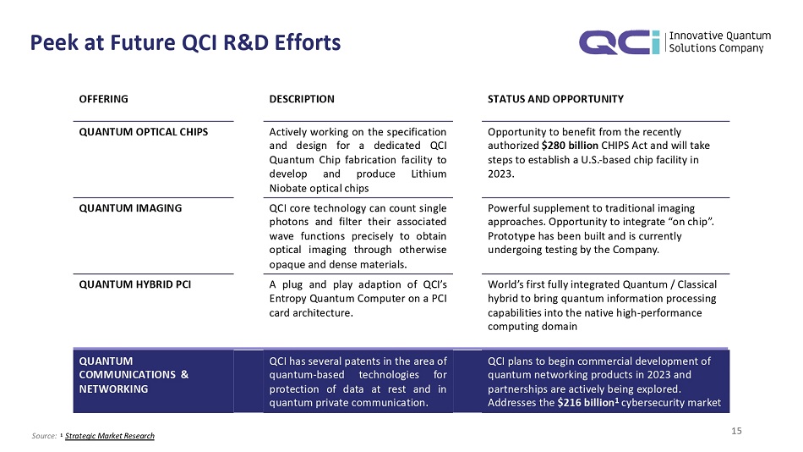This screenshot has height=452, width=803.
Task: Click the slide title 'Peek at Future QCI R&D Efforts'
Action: (185, 42)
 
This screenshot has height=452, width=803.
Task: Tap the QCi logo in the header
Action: (619, 42)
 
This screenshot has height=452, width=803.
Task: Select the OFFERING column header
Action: (103, 99)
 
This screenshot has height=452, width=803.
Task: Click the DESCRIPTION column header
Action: (302, 99)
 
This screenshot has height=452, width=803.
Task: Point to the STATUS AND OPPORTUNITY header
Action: (556, 99)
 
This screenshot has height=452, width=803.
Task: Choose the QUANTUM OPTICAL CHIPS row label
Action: (144, 132)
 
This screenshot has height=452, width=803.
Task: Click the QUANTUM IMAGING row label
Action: (130, 207)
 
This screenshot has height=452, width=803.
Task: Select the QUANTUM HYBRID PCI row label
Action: (134, 284)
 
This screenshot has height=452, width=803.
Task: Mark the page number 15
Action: (736, 432)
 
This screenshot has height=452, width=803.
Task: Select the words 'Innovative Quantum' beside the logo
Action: (719, 36)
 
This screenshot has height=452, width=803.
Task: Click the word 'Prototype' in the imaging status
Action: (511, 236)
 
